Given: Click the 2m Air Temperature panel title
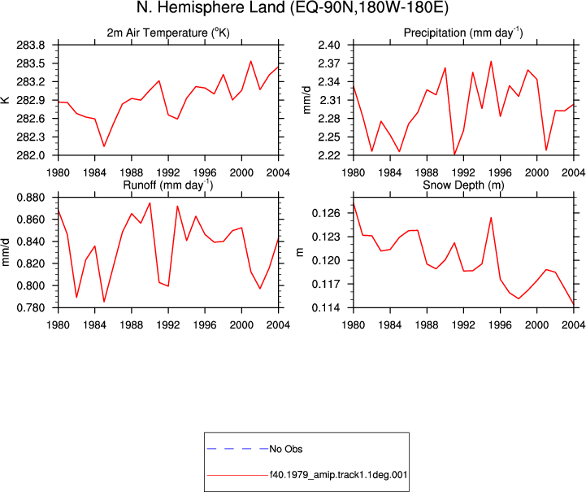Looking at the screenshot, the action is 167,33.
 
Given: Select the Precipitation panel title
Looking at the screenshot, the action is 463,33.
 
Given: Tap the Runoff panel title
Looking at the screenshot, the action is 167,185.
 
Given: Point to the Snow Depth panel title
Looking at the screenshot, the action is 463,185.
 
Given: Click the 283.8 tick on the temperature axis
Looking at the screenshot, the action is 30,46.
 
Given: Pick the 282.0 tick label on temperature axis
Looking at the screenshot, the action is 30,155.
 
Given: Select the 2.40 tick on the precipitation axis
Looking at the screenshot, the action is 329,46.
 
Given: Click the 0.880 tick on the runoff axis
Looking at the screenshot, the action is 31,198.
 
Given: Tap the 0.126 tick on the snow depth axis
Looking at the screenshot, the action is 326,213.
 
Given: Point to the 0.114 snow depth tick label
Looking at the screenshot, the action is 326,307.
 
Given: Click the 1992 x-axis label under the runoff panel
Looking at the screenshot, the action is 168,324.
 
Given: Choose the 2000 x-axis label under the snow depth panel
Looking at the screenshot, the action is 536,324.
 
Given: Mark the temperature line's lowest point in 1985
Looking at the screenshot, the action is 104,146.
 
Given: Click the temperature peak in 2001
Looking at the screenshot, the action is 251,61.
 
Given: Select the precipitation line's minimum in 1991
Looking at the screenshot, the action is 454,155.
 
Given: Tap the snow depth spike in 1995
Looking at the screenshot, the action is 491,218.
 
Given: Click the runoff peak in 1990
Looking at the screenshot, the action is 150,203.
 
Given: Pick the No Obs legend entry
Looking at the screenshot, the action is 254,449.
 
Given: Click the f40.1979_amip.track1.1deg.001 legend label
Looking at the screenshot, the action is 338,475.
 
